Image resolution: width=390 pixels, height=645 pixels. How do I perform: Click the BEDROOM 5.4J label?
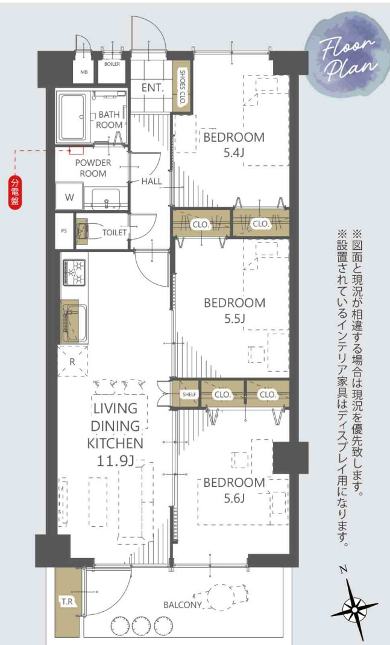pyautogui.click(x=233, y=144)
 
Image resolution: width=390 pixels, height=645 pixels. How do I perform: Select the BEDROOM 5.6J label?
pyautogui.click(x=234, y=490)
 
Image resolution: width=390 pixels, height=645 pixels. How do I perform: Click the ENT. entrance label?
pyautogui.click(x=153, y=88)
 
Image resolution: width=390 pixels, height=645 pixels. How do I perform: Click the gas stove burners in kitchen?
pyautogui.click(x=75, y=272)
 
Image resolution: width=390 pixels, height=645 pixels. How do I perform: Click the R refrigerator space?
pyautogui.click(x=73, y=362)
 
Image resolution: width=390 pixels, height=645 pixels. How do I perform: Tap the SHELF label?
pyautogui.click(x=189, y=395)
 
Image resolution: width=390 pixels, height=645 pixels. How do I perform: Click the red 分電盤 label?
pyautogui.click(x=14, y=192)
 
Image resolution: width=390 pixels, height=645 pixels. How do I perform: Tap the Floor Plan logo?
pyautogui.click(x=348, y=55)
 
